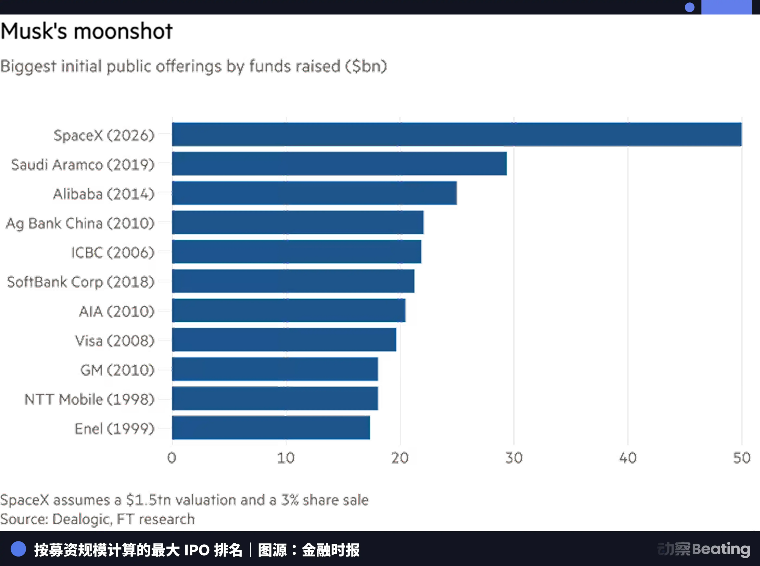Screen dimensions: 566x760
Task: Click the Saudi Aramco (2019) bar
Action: [x=339, y=164]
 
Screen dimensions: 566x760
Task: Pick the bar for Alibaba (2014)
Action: [x=314, y=193]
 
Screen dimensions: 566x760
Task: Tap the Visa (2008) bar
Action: [x=284, y=340]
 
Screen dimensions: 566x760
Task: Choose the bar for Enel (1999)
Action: [x=271, y=428]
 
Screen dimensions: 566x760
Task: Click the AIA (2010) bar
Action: [x=289, y=310]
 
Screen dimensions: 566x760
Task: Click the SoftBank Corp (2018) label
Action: [x=80, y=282]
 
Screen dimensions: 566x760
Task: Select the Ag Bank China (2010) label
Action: [x=80, y=223]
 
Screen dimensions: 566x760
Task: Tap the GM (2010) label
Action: [x=117, y=369]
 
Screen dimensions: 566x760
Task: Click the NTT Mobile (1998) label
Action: [x=89, y=399]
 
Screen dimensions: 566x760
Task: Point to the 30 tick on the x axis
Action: [x=513, y=457]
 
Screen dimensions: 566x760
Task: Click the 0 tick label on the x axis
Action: [x=171, y=457]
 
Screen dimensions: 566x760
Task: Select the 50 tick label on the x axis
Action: [x=742, y=457]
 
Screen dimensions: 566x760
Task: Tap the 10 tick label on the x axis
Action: [x=286, y=457]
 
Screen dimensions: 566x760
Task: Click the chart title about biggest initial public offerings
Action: [x=194, y=66]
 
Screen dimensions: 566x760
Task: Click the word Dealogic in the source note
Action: [x=82, y=519]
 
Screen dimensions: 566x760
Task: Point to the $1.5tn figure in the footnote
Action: [x=148, y=500]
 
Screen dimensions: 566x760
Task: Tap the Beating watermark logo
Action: [x=704, y=549]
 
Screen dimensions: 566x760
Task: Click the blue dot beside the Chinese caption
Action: [x=18, y=549]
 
